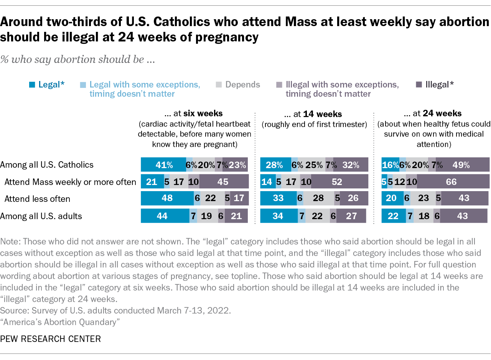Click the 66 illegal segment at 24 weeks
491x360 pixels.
[453, 182]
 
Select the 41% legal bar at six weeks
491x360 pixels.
[163, 165]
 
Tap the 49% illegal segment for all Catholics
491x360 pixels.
[462, 165]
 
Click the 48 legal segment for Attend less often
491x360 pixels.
[167, 199]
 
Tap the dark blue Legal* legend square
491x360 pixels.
[33, 84]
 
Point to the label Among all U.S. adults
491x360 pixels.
[41, 216]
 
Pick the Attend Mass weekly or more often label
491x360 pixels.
[70, 182]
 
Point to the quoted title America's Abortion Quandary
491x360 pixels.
[58, 322]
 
